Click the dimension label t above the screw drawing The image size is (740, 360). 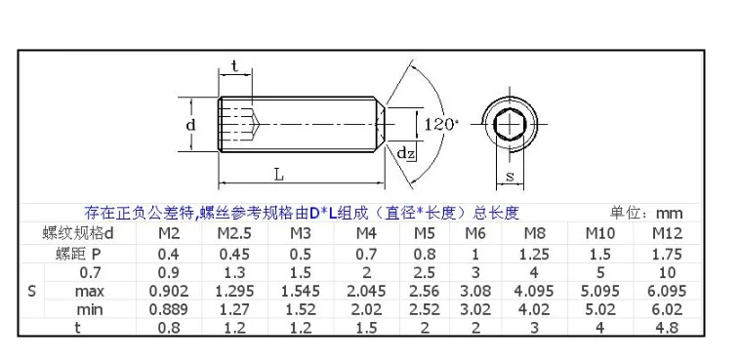click(234, 66)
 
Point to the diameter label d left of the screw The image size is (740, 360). click(190, 125)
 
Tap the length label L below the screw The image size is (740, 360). click(279, 175)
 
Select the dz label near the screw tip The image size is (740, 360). click(405, 152)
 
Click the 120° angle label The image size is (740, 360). click(441, 125)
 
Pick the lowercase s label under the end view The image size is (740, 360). click(510, 177)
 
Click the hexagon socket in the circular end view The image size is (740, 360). click(510, 125)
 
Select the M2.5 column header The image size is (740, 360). click(234, 233)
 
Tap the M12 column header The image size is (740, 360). click(668, 233)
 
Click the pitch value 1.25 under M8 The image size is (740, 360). click(534, 254)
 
